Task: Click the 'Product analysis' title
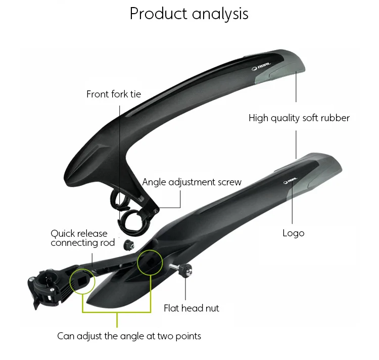pyautogui.click(x=189, y=14)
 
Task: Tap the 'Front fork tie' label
pyautogui.click(x=114, y=94)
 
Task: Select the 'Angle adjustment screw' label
pyautogui.click(x=192, y=182)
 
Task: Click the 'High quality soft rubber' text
pyautogui.click(x=299, y=118)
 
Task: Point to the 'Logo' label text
pyautogui.click(x=294, y=233)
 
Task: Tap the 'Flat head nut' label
pyautogui.click(x=191, y=308)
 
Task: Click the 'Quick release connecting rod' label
pyautogui.click(x=83, y=238)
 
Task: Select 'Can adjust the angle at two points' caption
pyautogui.click(x=129, y=336)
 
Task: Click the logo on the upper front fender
pyautogui.click(x=261, y=67)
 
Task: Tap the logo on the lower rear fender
pyautogui.click(x=291, y=180)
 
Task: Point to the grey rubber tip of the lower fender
pyautogui.click(x=317, y=174)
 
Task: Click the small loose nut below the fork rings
pyautogui.click(x=128, y=245)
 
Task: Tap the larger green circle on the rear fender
pyautogui.click(x=150, y=263)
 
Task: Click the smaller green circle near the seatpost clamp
pyautogui.click(x=82, y=281)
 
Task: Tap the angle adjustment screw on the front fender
pyautogui.click(x=156, y=211)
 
